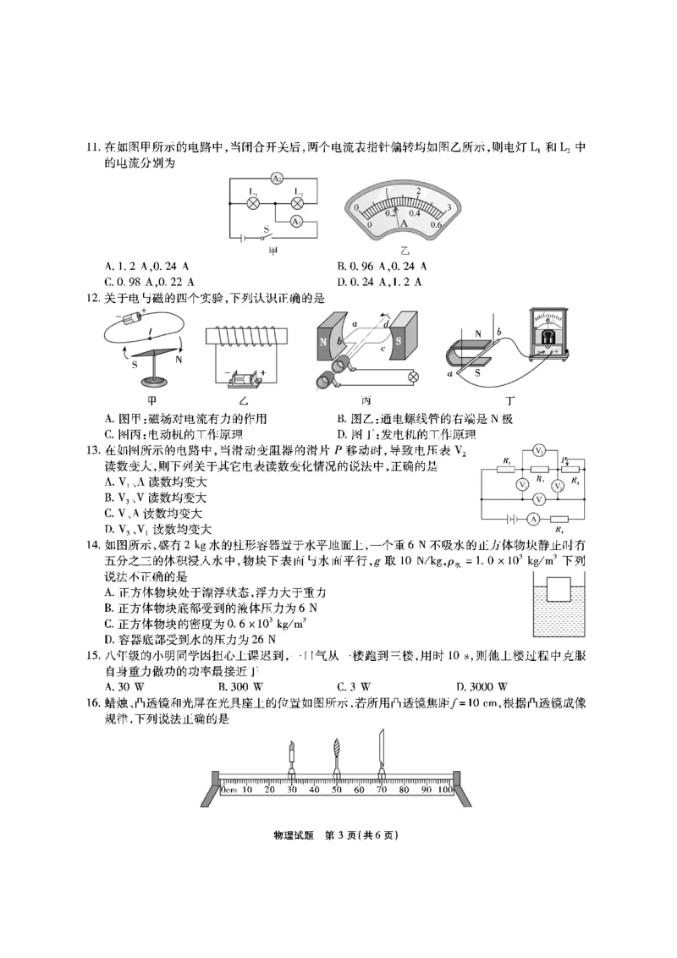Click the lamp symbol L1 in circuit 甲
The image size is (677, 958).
coord(251,204)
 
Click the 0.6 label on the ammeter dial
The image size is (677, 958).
coord(437,223)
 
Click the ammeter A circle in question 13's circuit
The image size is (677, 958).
coord(533,518)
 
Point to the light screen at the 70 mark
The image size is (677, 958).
coord(381,750)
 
